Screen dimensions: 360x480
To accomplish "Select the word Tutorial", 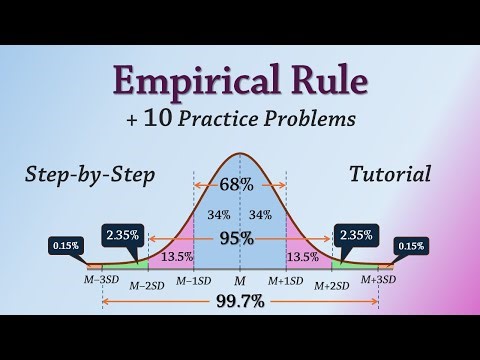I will coord(390,174).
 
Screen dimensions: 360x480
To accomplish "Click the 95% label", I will coord(239,237).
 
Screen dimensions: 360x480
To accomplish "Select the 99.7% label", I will coord(239,298).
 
